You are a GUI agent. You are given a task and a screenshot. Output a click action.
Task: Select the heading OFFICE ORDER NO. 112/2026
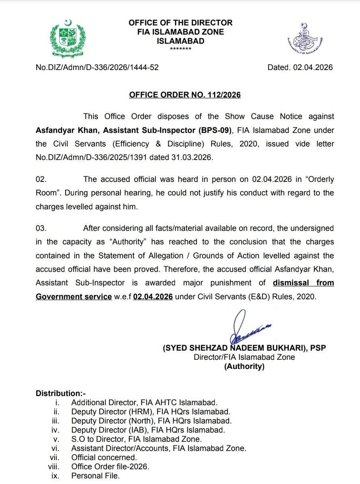point(185,95)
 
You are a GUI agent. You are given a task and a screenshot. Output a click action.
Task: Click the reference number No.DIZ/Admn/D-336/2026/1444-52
point(97,68)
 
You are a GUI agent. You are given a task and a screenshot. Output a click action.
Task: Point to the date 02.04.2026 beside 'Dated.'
point(313,68)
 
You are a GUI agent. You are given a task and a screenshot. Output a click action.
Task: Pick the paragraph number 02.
point(41,180)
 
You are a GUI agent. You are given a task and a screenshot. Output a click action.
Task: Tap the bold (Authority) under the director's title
point(244,367)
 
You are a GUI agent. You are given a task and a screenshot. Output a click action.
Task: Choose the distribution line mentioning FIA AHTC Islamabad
point(144,402)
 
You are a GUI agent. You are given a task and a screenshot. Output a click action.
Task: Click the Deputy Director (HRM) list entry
point(151,412)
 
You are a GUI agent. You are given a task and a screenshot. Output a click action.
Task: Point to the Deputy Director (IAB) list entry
point(148,430)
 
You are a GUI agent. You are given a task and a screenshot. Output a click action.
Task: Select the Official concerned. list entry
point(104,457)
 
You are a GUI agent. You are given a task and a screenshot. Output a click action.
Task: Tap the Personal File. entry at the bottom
point(95,476)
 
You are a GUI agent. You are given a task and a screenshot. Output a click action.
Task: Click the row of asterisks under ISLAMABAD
point(181,49)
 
